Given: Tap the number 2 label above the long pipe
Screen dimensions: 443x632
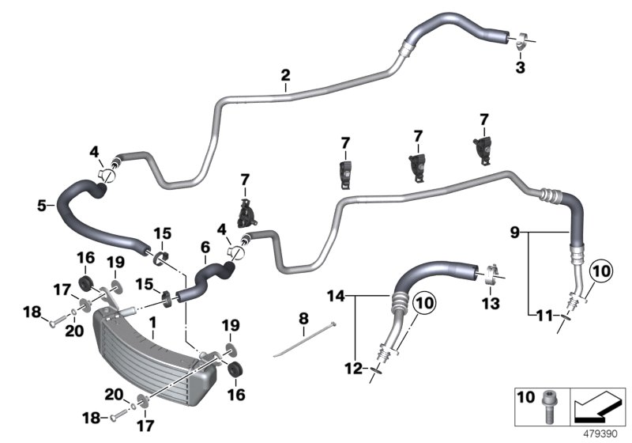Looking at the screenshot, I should pos(285,76).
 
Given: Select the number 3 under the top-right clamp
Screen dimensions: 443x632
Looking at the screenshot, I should pos(519,68).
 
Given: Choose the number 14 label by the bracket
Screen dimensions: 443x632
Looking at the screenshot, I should pos(335,296).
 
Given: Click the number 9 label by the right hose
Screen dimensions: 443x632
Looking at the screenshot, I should pos(514,232).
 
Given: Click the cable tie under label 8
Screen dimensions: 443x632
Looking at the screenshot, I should pos(304,339).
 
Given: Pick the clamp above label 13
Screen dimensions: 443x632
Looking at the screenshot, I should pos(489,274).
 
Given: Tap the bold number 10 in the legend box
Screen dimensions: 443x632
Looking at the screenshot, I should pos(526,396).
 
